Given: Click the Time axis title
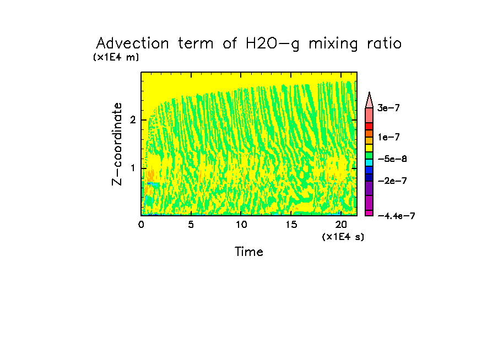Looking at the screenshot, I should [249, 252].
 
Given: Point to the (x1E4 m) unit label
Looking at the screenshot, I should [116, 57].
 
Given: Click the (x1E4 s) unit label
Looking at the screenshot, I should [343, 237].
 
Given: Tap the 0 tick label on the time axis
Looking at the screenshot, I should [141, 225].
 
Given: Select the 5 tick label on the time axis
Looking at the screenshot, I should [191, 225].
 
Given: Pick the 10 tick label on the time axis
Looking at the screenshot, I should [241, 225].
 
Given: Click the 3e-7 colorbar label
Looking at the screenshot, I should [388, 108].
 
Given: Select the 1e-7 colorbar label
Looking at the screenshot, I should [388, 137].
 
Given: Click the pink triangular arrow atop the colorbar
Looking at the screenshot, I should [369, 100].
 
